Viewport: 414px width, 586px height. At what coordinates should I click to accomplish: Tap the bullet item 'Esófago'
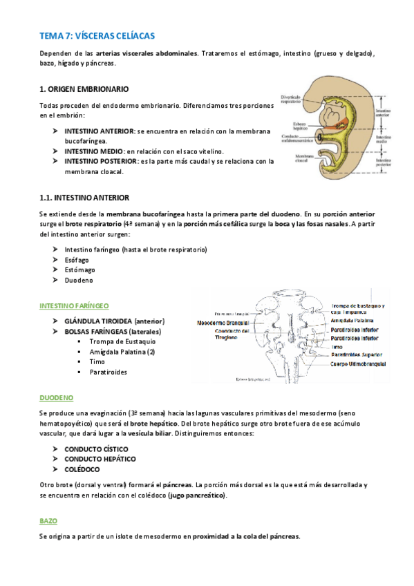80,259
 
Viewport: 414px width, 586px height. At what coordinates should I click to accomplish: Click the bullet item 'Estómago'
82,270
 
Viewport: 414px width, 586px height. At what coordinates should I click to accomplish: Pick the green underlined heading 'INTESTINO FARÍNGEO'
75,305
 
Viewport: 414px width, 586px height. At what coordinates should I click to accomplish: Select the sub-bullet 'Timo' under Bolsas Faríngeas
97,361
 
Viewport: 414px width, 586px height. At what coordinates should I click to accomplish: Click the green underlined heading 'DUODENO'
56,397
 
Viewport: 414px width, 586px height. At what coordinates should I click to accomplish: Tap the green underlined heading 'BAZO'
48,520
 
